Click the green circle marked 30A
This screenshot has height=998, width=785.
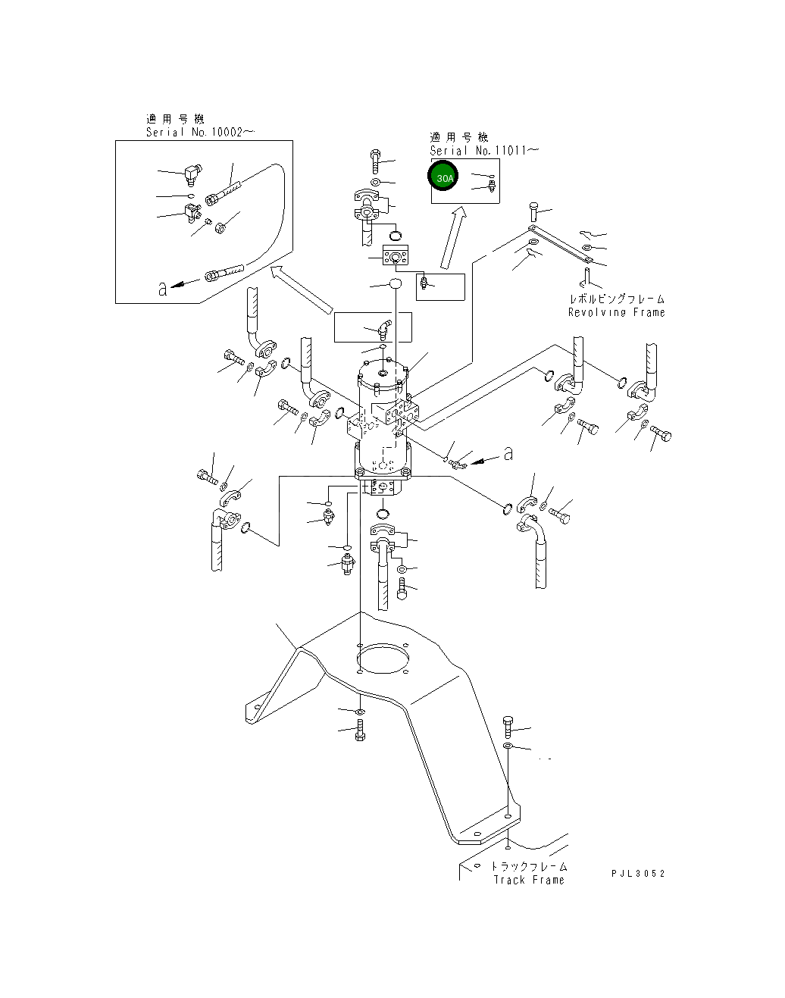(x=443, y=178)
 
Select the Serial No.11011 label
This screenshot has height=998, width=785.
(x=484, y=150)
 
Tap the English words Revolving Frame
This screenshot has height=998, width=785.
(x=616, y=312)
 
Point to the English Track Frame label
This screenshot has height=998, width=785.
(x=528, y=880)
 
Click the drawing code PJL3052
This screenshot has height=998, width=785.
(x=637, y=874)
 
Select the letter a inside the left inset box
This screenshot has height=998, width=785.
(x=161, y=288)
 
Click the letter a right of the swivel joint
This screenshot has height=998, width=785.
(x=508, y=454)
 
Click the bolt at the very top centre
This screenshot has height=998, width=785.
(x=376, y=161)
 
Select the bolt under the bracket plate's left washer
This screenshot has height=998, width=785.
(x=360, y=732)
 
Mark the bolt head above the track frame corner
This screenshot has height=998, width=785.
(x=507, y=726)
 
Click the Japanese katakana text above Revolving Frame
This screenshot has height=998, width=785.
(x=617, y=299)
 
